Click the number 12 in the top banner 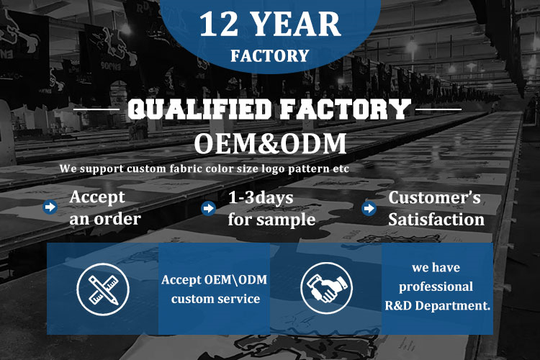tap(219, 24)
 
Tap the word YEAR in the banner tap(297, 24)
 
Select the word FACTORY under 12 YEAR tap(270, 56)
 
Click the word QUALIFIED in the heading tap(199, 109)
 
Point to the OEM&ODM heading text tap(270, 143)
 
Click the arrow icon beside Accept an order tap(50, 207)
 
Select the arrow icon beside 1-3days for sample tap(208, 208)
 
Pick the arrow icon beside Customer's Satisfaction tap(369, 208)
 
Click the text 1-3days tap(261, 198)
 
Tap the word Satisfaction tap(436, 220)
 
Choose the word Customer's tap(435, 198)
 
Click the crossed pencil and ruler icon tap(103, 289)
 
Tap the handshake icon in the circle tap(326, 288)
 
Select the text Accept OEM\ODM tap(215, 280)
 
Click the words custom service tap(215, 299)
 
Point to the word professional tap(436, 287)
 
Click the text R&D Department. tap(437, 305)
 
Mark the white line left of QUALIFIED tap(96, 109)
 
